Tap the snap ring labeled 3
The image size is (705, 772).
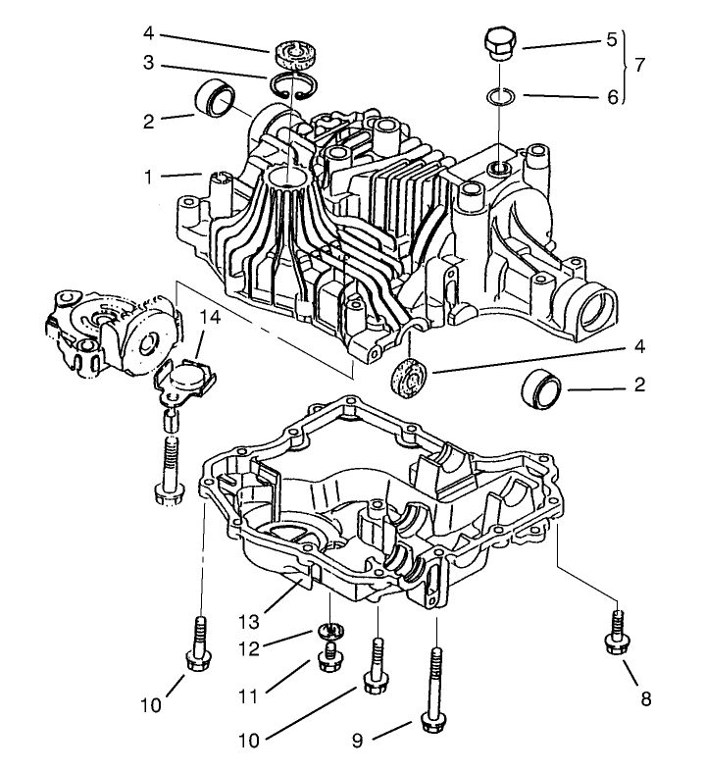tap(290, 87)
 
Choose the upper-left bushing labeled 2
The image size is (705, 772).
tap(218, 100)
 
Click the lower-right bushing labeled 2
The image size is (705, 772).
tap(539, 391)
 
